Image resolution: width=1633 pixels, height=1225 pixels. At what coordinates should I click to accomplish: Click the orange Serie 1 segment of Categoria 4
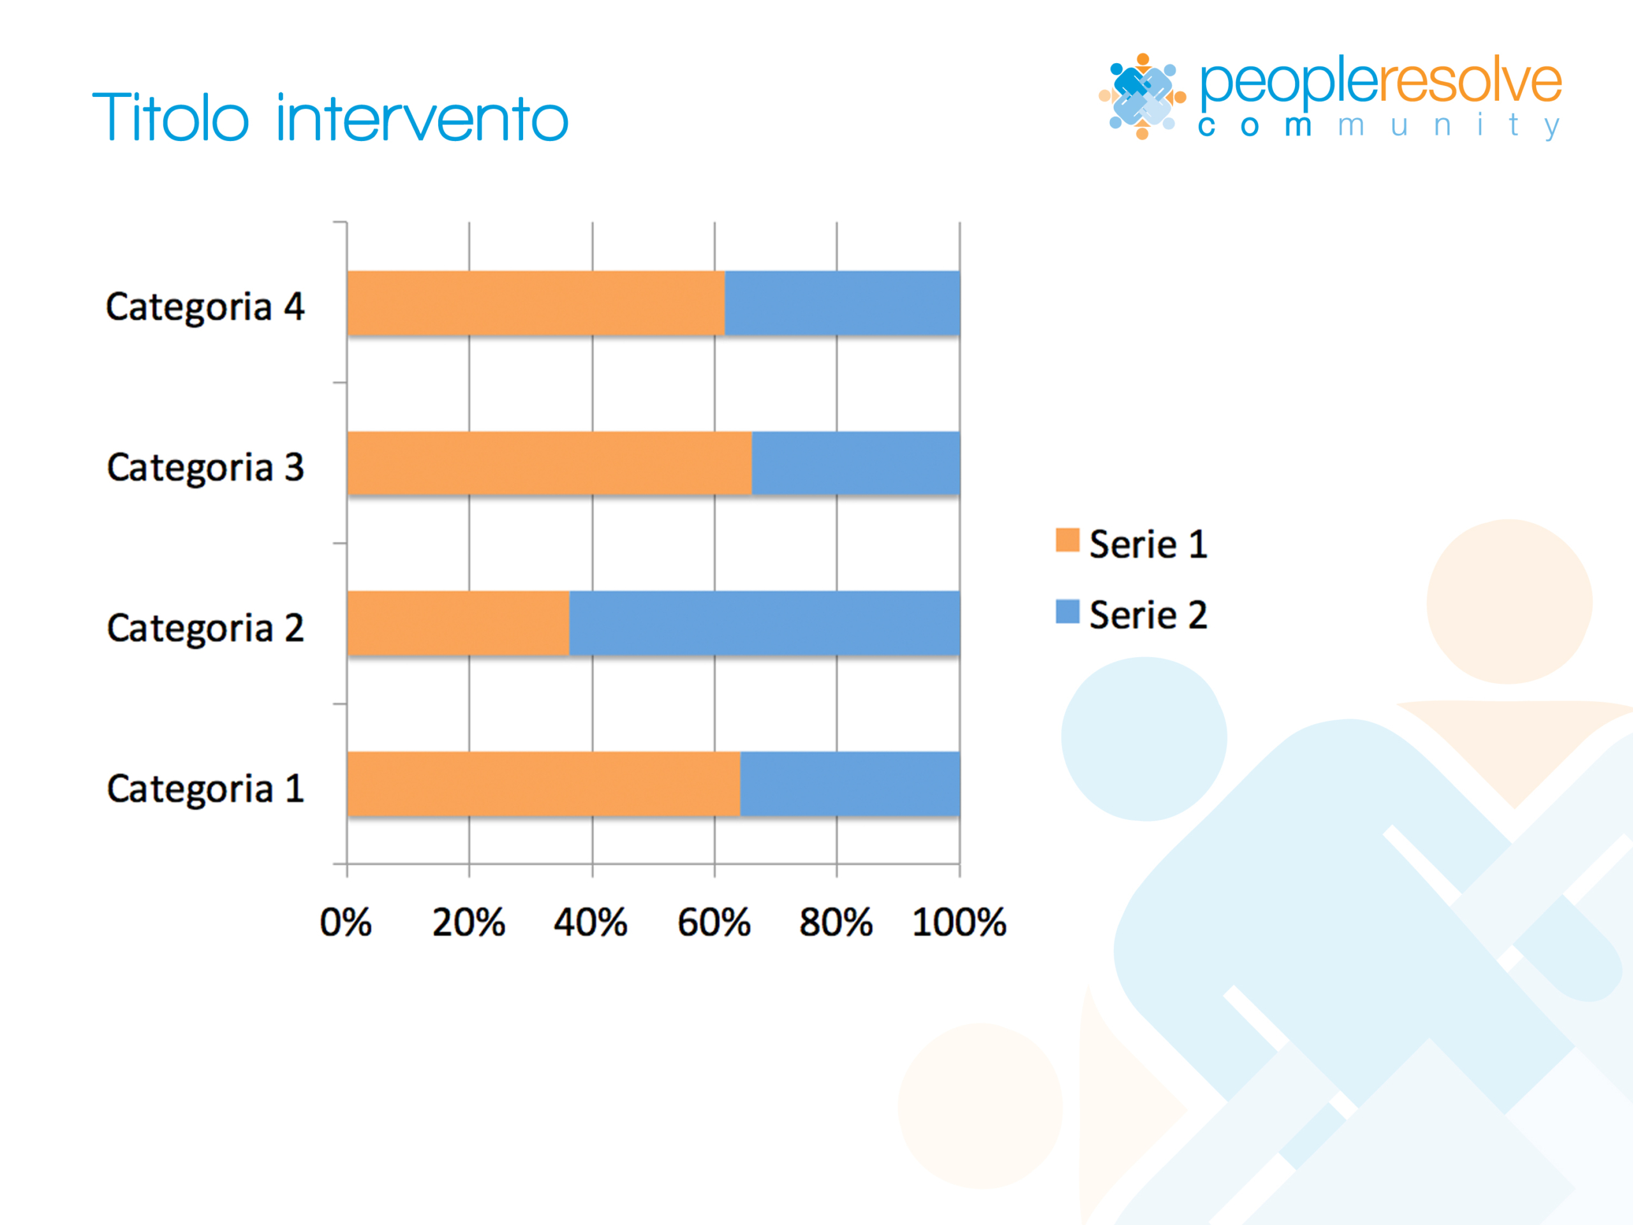point(536,304)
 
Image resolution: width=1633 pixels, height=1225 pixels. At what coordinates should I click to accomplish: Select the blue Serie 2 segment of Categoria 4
point(843,304)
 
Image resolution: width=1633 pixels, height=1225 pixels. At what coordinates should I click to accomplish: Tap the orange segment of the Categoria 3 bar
point(550,463)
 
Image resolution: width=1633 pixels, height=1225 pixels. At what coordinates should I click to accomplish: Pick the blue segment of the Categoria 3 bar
point(856,463)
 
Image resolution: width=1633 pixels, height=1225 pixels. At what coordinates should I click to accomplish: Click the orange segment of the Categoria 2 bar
point(459,623)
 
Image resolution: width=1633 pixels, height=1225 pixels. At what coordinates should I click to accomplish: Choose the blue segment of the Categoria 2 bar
point(765,623)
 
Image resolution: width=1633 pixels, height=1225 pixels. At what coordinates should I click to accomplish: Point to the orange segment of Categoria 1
point(544,784)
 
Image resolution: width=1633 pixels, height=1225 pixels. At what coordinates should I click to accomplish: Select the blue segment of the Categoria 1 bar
point(850,784)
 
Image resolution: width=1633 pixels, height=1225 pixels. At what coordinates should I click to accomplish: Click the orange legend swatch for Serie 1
point(1067,540)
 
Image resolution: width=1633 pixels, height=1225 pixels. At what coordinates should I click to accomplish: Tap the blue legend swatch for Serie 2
point(1067,611)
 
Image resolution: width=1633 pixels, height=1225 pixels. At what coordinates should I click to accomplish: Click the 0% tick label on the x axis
point(346,922)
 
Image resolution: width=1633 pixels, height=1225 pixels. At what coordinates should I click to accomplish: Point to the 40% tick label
point(591,922)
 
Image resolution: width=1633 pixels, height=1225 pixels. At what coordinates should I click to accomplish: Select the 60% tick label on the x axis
point(714,922)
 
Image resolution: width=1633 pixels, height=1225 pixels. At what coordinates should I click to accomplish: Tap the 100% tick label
point(959,922)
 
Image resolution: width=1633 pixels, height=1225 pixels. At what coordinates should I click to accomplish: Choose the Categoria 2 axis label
point(205,629)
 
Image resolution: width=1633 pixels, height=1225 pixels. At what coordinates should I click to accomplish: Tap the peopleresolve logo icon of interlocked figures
point(1142,96)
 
